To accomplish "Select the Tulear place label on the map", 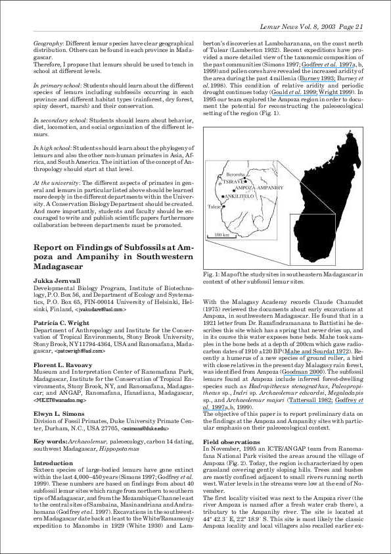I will pyautogui.click(x=214, y=206).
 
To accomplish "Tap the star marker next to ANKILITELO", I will pyautogui.click(x=223, y=196).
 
